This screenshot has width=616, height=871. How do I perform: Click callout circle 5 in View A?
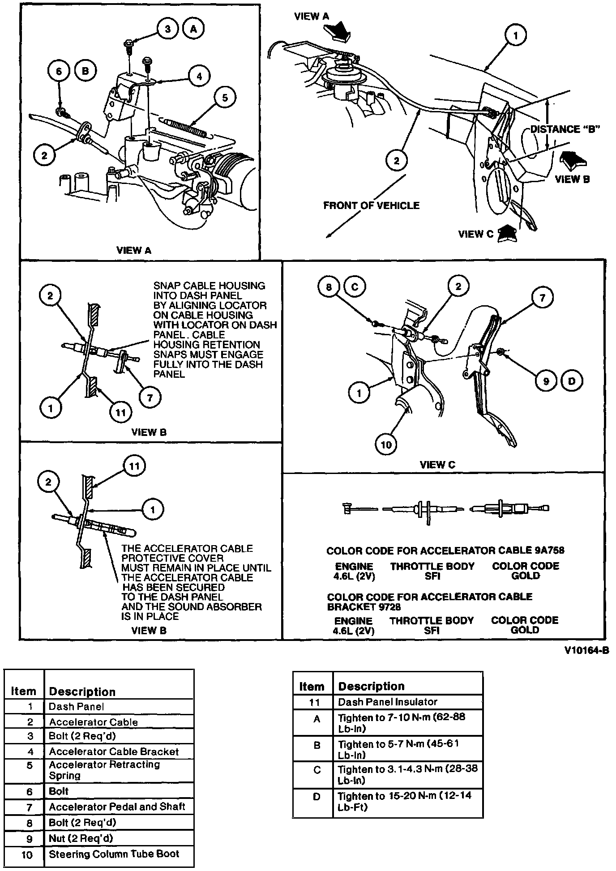pos(225,97)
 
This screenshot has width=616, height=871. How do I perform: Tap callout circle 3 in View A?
pos(168,29)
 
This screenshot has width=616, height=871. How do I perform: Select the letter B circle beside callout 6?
pos(86,71)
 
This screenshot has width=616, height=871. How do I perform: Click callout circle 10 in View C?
pos(386,444)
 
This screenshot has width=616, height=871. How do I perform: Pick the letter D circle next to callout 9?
pos(572,381)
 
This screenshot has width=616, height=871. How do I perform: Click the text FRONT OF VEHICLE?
pos(371,205)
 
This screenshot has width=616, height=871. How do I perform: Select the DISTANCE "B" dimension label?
pos(565,129)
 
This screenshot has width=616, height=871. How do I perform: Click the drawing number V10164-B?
pos(586,650)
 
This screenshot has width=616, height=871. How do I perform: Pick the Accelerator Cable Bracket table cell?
pos(114,752)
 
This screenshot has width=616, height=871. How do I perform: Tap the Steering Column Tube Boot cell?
pos(114,854)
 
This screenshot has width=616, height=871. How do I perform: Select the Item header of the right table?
pos(312,686)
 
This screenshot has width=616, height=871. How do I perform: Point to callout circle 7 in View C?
pos(542,297)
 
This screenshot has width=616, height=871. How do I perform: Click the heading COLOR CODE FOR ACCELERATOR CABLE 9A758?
pos(445,551)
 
